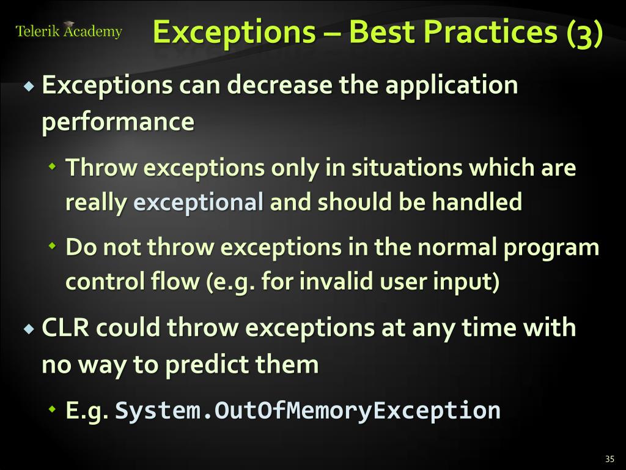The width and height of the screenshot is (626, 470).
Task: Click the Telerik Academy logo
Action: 68,31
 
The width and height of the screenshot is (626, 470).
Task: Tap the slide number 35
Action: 609,459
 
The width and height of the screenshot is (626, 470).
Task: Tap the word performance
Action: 118,122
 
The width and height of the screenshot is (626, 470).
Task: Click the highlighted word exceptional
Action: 199,202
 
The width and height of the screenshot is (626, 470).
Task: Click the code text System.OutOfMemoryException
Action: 307,410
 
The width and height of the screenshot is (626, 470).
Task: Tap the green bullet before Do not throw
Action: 53,247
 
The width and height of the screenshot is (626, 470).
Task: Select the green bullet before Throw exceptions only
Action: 53,167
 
